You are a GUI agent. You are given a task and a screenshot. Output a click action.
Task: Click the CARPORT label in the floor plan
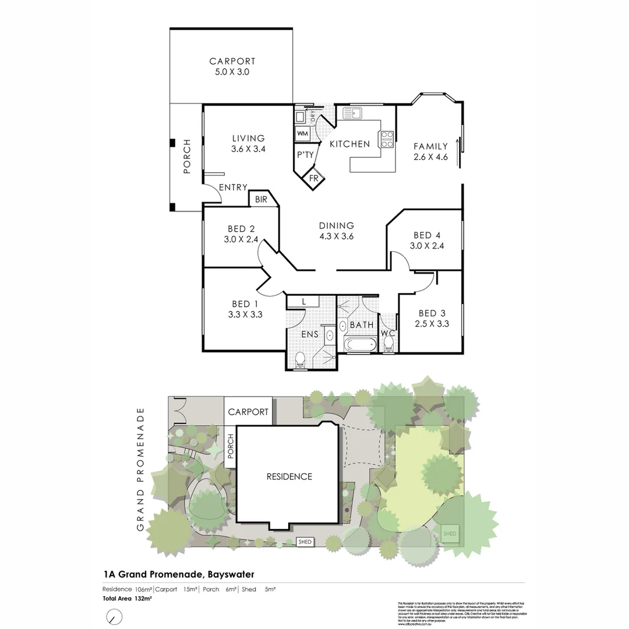click(232, 61)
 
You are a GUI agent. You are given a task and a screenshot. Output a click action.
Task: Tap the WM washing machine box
click(303, 133)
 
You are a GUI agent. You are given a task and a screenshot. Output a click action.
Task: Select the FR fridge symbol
click(314, 178)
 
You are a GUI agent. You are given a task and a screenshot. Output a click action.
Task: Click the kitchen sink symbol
click(354, 112)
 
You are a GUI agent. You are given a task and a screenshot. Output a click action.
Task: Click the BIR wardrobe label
click(260, 200)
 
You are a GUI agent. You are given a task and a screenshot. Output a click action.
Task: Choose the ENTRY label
click(233, 188)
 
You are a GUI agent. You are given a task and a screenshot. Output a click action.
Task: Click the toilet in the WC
click(388, 344)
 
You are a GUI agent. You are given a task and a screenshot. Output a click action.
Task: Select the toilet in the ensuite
click(300, 360)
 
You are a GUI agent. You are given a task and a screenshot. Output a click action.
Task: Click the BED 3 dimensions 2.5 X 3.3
click(432, 324)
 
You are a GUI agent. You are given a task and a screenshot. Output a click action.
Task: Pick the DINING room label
click(337, 225)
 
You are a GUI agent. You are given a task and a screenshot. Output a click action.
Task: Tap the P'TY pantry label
click(305, 154)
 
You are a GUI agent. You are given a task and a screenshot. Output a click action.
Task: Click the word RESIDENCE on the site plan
click(289, 476)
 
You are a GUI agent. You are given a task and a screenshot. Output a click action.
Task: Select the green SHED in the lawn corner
click(450, 533)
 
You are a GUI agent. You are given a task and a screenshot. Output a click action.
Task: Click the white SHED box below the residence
click(305, 542)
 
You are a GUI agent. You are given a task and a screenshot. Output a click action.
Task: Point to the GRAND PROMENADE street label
click(140, 469)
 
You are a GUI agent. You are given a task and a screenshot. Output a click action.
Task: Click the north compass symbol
click(115, 616)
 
